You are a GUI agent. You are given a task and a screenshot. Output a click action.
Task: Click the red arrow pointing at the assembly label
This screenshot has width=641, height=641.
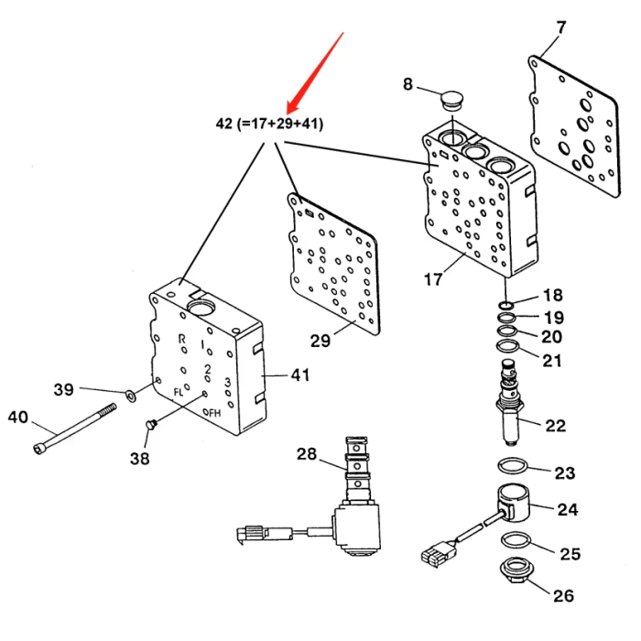click(315, 72)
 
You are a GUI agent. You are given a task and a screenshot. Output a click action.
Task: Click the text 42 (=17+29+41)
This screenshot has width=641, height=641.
click(269, 123)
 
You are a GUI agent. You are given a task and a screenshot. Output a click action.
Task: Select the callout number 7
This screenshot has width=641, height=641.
click(560, 27)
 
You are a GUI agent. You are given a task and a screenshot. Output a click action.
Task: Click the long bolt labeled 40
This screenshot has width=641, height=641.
click(74, 429)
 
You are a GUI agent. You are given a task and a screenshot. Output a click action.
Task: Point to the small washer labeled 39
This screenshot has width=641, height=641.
click(131, 396)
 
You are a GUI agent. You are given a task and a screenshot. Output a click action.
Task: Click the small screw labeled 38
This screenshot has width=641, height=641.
click(151, 425)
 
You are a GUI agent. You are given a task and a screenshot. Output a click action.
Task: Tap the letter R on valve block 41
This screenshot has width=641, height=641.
click(182, 339)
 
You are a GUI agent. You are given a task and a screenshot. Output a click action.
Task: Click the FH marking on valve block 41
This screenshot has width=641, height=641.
click(214, 413)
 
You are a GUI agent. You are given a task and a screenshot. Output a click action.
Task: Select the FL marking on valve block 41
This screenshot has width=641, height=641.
click(179, 393)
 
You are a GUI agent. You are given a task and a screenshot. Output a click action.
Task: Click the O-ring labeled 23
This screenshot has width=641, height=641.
click(513, 465)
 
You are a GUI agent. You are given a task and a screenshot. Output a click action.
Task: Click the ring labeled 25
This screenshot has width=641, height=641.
click(516, 540)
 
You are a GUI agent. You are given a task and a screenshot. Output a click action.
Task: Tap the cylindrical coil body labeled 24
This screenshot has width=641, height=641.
click(513, 503)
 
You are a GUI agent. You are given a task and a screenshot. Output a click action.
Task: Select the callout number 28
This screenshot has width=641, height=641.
click(307, 454)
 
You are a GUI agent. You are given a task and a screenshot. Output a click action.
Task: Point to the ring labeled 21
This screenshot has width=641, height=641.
click(507, 347)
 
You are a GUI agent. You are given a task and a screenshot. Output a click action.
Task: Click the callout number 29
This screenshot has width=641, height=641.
click(320, 341)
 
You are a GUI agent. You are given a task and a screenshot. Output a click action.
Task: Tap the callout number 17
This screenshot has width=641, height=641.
click(433, 279)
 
